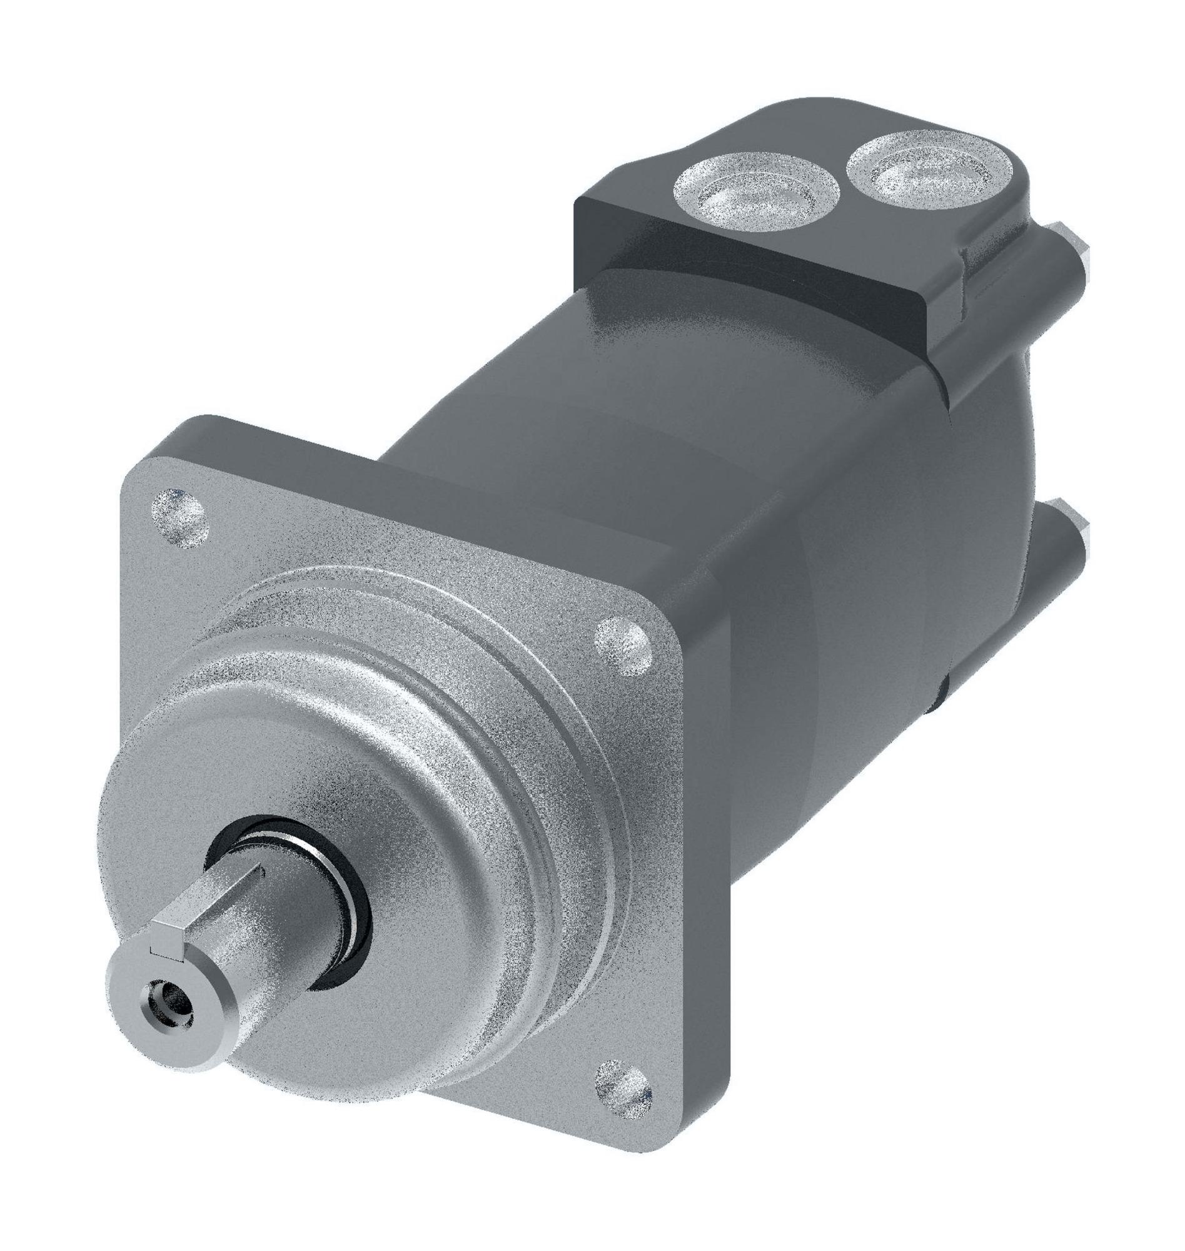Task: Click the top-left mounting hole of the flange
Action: [x=180, y=517]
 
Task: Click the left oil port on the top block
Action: [x=755, y=193]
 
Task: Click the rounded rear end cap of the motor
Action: [x=986, y=569]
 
